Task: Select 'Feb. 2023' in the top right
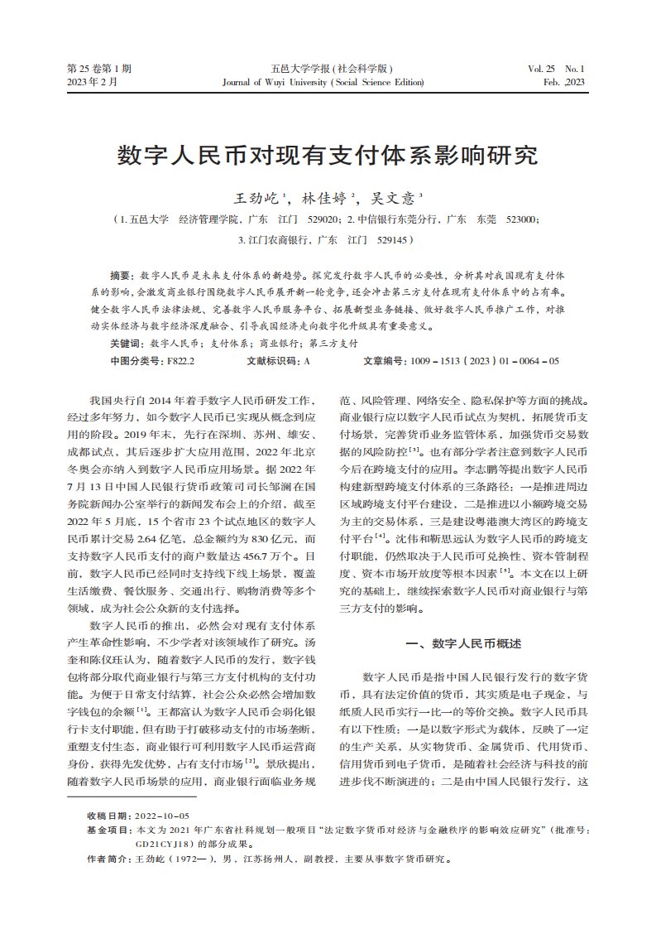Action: tap(563, 83)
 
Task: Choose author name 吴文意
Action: tap(395, 199)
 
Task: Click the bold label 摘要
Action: tap(122, 274)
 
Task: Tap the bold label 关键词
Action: tap(127, 343)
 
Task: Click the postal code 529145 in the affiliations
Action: tap(392, 240)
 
